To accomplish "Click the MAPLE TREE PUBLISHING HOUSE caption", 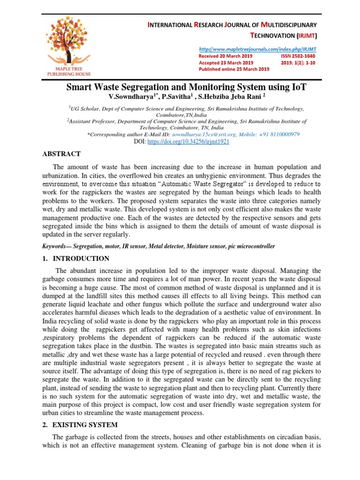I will pyautogui.click(x=69, y=71).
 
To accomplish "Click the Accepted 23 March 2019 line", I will pyautogui.click(x=226, y=62).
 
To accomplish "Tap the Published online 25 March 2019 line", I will pyautogui.click(x=234, y=69).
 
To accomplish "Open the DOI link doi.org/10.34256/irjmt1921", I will pyautogui.click(x=188, y=141).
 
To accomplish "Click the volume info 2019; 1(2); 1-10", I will pyautogui.click(x=299, y=62).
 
